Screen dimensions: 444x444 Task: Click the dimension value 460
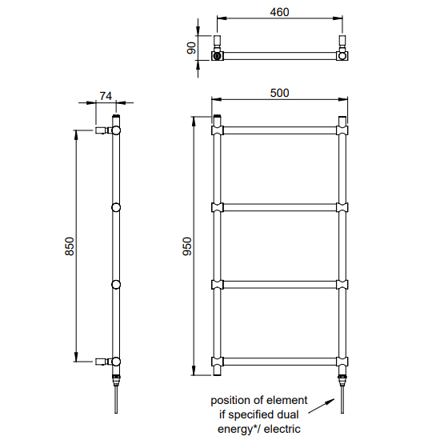[x=279, y=12]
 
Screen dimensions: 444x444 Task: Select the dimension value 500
[x=279, y=92]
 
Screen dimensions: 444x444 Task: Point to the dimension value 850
[x=70, y=246]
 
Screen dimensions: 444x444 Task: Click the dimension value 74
[x=105, y=95]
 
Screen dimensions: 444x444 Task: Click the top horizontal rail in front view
[x=279, y=128]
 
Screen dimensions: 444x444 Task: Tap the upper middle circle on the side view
[x=116, y=208]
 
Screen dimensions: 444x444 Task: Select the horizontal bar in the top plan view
[x=279, y=56]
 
